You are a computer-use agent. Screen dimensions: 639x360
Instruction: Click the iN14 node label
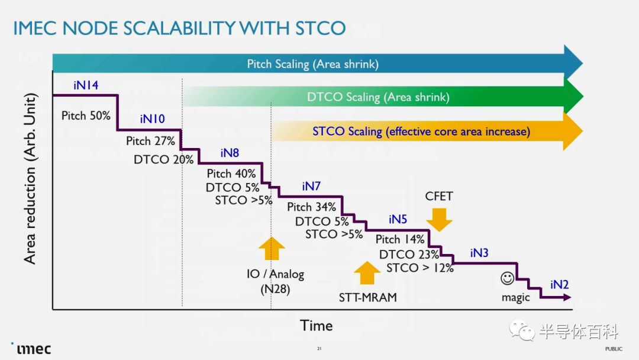point(86,85)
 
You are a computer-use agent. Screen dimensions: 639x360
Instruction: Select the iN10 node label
point(153,118)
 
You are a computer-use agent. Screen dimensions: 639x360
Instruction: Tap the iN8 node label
point(230,153)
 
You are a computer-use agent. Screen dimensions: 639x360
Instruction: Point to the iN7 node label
point(311,187)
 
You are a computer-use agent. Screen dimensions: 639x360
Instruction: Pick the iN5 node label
point(398,219)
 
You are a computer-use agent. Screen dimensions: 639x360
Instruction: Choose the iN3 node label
point(479,253)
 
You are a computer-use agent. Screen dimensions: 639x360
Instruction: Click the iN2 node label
point(560,285)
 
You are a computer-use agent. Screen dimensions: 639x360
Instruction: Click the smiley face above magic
point(508,278)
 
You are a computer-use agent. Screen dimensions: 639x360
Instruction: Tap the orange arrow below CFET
point(439,220)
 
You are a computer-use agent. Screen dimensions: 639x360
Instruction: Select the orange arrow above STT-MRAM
point(367,273)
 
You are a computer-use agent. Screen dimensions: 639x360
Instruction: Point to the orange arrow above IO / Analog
point(272,248)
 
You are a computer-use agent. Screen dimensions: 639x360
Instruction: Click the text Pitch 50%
point(86,116)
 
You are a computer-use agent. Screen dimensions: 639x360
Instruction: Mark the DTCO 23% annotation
point(409,255)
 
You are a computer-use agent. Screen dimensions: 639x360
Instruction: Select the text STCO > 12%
point(420,268)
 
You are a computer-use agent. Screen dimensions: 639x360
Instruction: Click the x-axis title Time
point(316,326)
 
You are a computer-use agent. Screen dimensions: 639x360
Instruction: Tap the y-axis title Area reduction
point(30,179)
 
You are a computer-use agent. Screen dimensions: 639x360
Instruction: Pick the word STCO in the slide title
point(320,28)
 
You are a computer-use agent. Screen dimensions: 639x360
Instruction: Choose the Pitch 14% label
point(400,239)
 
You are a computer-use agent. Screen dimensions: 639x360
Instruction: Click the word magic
point(515,298)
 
